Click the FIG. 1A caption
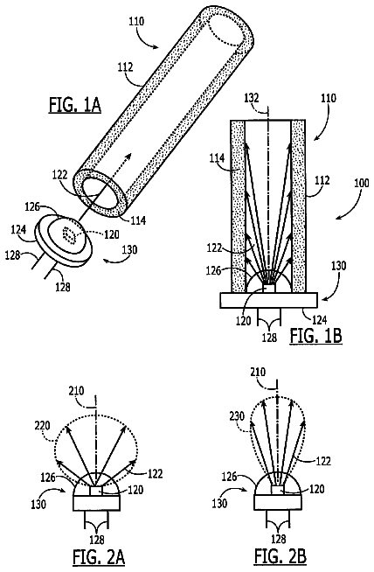pos(75,106)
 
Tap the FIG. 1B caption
pos(316,337)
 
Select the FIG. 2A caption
pos(99,558)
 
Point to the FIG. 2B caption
pos(280,558)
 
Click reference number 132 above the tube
pos(252,98)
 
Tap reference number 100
pos(362,183)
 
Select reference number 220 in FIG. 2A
pos(43,426)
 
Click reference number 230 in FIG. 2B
pos(237,415)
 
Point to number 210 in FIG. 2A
pos(77,392)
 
